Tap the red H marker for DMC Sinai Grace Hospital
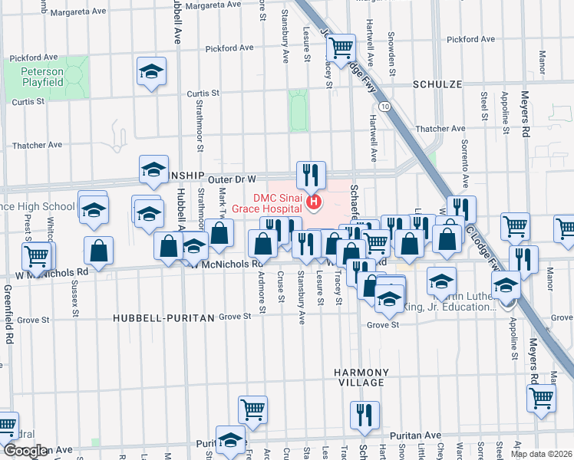313,202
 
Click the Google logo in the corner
25,452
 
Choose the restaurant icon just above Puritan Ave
365,415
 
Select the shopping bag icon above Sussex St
99,250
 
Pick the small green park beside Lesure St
298,110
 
